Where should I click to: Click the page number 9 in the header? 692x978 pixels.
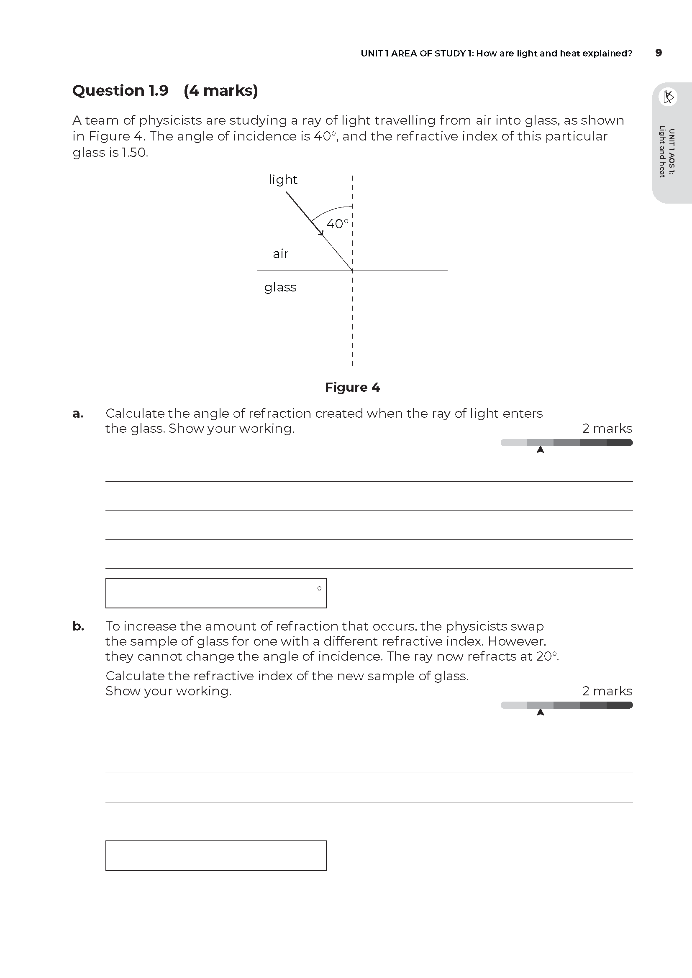tap(659, 53)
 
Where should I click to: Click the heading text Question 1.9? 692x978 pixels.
tap(120, 91)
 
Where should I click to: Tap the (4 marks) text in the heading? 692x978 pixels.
tap(221, 91)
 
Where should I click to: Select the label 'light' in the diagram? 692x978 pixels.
tap(282, 179)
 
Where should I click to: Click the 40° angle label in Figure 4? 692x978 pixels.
tap(337, 224)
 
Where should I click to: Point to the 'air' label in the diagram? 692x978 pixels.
tap(280, 254)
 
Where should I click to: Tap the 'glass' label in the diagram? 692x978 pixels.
tap(280, 287)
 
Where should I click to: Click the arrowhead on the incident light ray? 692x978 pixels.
tap(321, 232)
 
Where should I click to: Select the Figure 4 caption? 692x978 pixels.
tap(352, 387)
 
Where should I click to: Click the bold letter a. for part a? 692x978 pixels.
tap(78, 414)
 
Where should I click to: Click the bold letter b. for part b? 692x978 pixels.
tap(78, 626)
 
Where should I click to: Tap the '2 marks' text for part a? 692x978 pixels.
tap(607, 429)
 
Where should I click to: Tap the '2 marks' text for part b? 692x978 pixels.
tap(607, 691)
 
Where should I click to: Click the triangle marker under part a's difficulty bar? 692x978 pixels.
tap(540, 450)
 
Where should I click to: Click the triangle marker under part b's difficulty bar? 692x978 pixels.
tap(540, 712)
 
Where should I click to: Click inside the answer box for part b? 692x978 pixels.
tap(215, 855)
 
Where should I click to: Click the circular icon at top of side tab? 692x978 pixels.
tap(668, 97)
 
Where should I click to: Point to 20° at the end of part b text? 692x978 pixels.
tap(547, 656)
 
